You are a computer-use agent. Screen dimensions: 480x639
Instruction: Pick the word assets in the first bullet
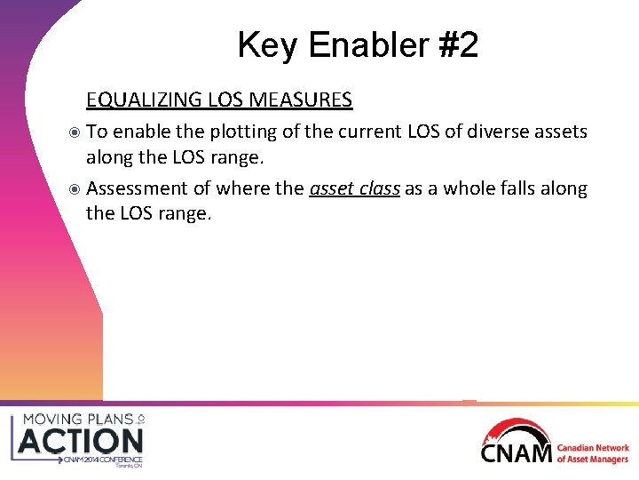[561, 132]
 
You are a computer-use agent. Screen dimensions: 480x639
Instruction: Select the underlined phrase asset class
[355, 188]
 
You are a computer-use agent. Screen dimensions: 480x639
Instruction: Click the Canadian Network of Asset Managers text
[593, 453]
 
